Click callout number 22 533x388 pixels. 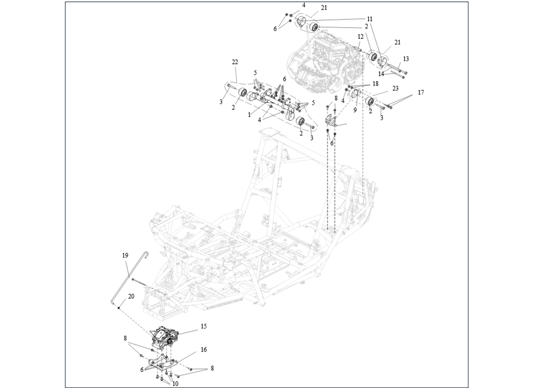235,62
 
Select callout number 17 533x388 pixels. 421,92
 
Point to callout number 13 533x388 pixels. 406,59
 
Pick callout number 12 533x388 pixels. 361,36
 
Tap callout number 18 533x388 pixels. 375,83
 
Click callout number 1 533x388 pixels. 249,115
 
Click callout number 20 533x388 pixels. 131,296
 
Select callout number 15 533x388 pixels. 204,326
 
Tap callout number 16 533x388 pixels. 204,349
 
